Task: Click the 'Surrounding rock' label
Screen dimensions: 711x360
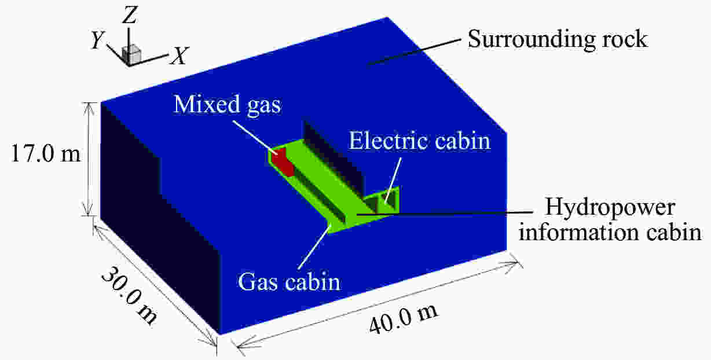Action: click(558, 39)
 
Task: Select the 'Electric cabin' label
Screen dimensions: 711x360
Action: click(420, 141)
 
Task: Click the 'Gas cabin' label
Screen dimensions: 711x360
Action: click(289, 281)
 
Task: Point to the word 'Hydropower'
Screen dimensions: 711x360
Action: click(610, 208)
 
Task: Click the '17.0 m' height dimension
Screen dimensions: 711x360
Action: click(46, 153)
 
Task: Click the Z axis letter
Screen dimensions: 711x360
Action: click(130, 15)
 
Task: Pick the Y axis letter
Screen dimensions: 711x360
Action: click(97, 41)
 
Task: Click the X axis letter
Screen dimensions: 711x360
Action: click(179, 56)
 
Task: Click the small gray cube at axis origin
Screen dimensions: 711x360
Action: click(131, 55)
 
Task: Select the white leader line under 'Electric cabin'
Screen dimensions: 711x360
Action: click(393, 181)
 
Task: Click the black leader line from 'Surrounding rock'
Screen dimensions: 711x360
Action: click(414, 52)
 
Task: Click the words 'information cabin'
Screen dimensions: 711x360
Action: click(610, 232)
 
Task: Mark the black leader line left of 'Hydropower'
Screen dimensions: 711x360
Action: click(445, 214)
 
